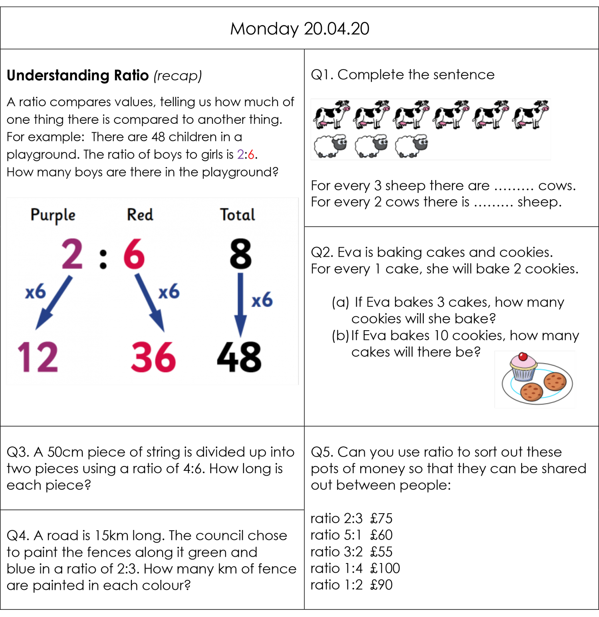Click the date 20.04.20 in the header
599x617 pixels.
[336, 29]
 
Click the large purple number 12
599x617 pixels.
[38, 357]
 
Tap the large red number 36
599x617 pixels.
[153, 357]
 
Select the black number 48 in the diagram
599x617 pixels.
[239, 357]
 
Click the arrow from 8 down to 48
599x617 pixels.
[240, 305]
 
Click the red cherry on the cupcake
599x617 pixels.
[523, 357]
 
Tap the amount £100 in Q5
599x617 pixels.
[385, 568]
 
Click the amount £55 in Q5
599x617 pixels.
[381, 552]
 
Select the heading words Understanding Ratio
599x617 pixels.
[78, 75]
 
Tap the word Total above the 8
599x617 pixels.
[238, 215]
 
